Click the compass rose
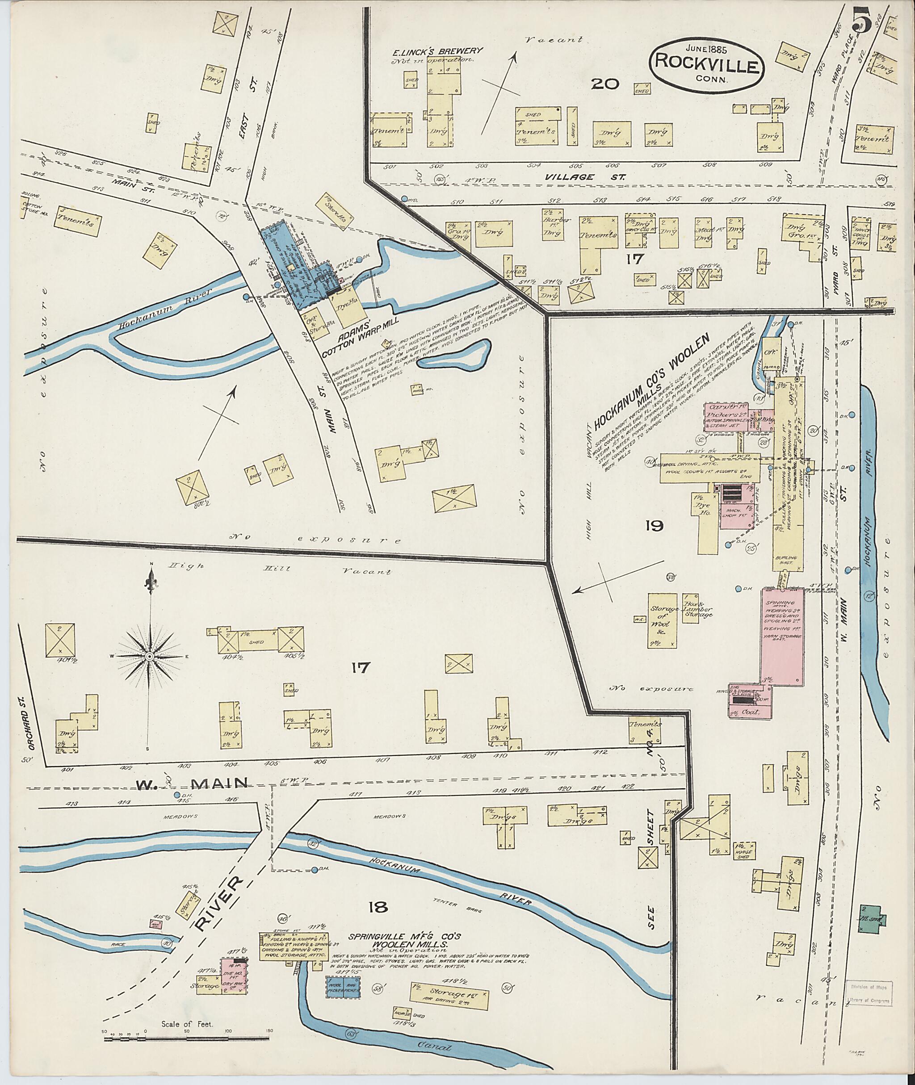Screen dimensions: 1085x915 [x=149, y=657]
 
